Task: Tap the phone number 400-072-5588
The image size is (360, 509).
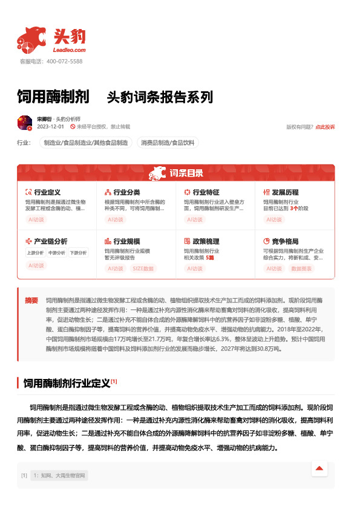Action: click(64, 62)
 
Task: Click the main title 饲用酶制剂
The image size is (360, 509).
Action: click(53, 97)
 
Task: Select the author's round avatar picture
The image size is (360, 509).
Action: click(25, 123)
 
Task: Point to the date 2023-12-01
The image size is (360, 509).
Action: click(50, 127)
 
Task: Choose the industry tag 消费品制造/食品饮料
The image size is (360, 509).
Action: click(168, 143)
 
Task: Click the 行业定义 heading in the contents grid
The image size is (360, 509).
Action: click(47, 192)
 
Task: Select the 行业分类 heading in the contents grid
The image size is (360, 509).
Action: click(126, 192)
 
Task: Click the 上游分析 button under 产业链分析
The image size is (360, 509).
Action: click(35, 253)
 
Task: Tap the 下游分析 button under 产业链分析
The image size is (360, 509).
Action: click(77, 253)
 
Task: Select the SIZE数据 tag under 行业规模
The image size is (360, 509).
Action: click(143, 268)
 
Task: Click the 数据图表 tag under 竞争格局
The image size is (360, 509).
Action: click(302, 268)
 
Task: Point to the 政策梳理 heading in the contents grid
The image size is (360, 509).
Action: click(206, 241)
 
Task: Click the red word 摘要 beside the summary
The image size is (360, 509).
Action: click(31, 300)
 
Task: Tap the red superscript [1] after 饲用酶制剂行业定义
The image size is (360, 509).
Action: click(114, 381)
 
